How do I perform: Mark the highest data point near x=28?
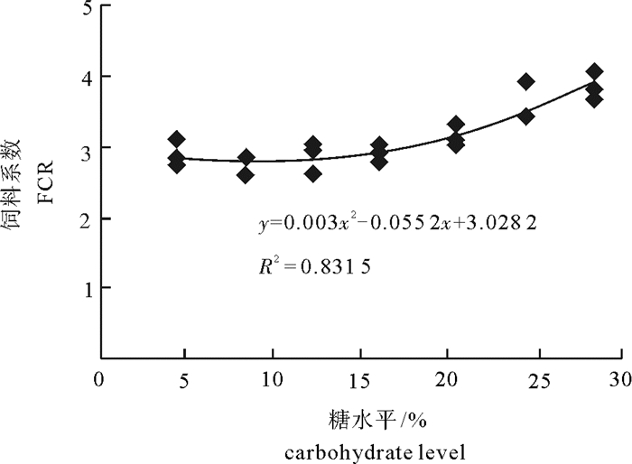[594, 71]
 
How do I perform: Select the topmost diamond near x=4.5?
[177, 139]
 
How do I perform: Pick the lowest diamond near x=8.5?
[246, 174]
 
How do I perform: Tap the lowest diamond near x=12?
[313, 173]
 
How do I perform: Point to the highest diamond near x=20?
[456, 125]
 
